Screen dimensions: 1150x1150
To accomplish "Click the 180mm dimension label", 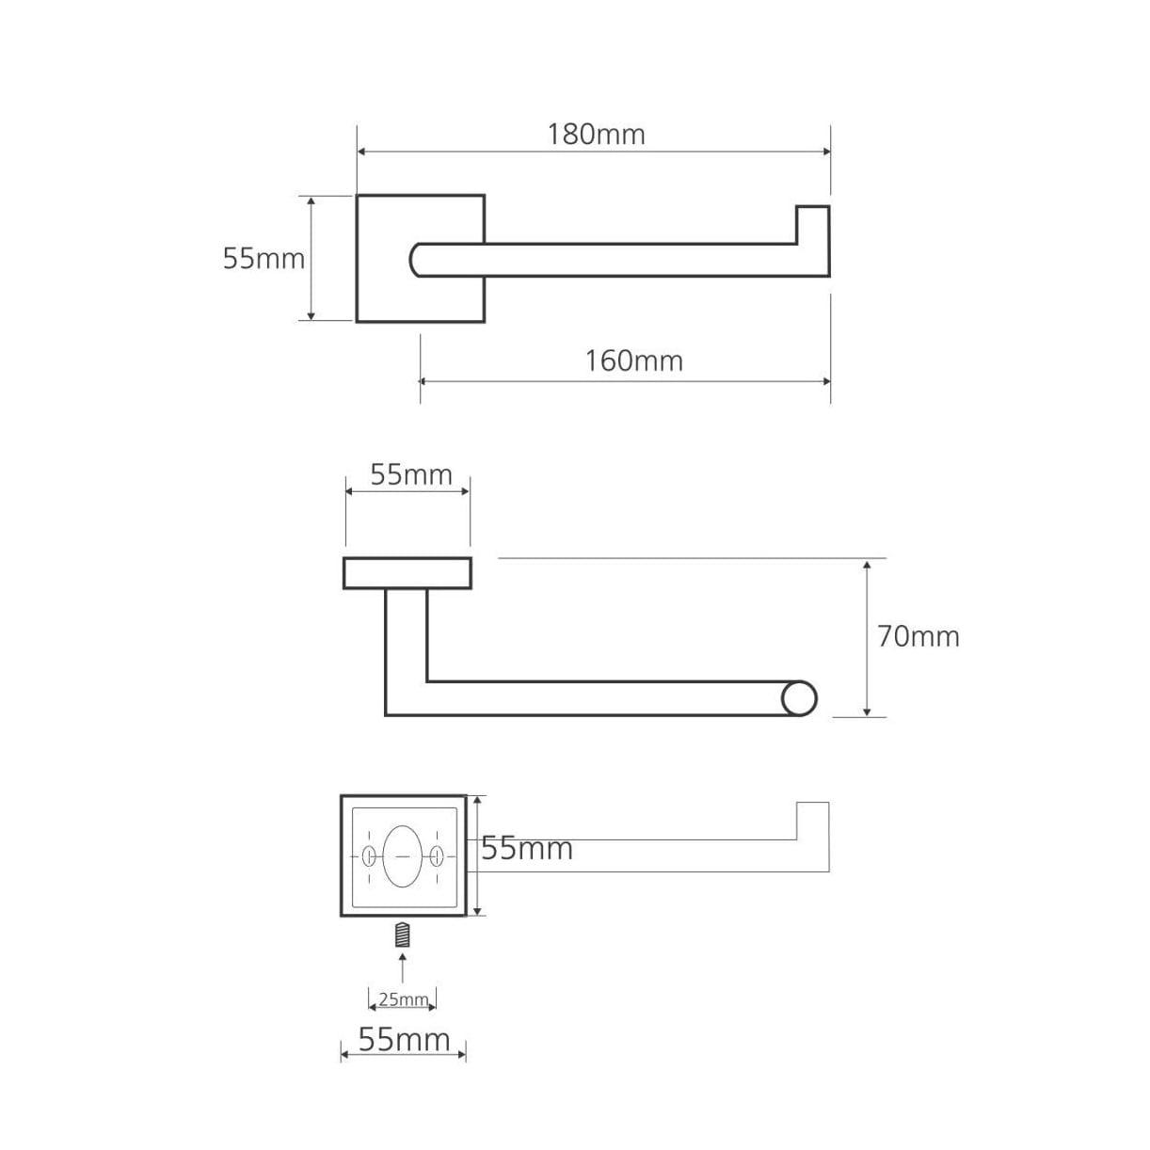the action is [597, 135].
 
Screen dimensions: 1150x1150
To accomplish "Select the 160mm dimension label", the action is [633, 361].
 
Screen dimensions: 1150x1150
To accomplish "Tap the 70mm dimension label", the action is [918, 637].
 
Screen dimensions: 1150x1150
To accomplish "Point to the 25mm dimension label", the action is [404, 999].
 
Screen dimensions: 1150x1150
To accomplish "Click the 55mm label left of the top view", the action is [264, 259].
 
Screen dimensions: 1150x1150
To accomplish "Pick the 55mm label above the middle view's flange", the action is [411, 475].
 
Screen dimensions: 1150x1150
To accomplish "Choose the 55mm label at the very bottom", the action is [404, 1040].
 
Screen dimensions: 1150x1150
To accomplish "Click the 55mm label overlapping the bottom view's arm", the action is [527, 848].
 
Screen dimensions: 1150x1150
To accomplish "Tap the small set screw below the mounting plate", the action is [403, 934].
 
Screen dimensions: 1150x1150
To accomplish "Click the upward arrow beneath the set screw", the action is [403, 967].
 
